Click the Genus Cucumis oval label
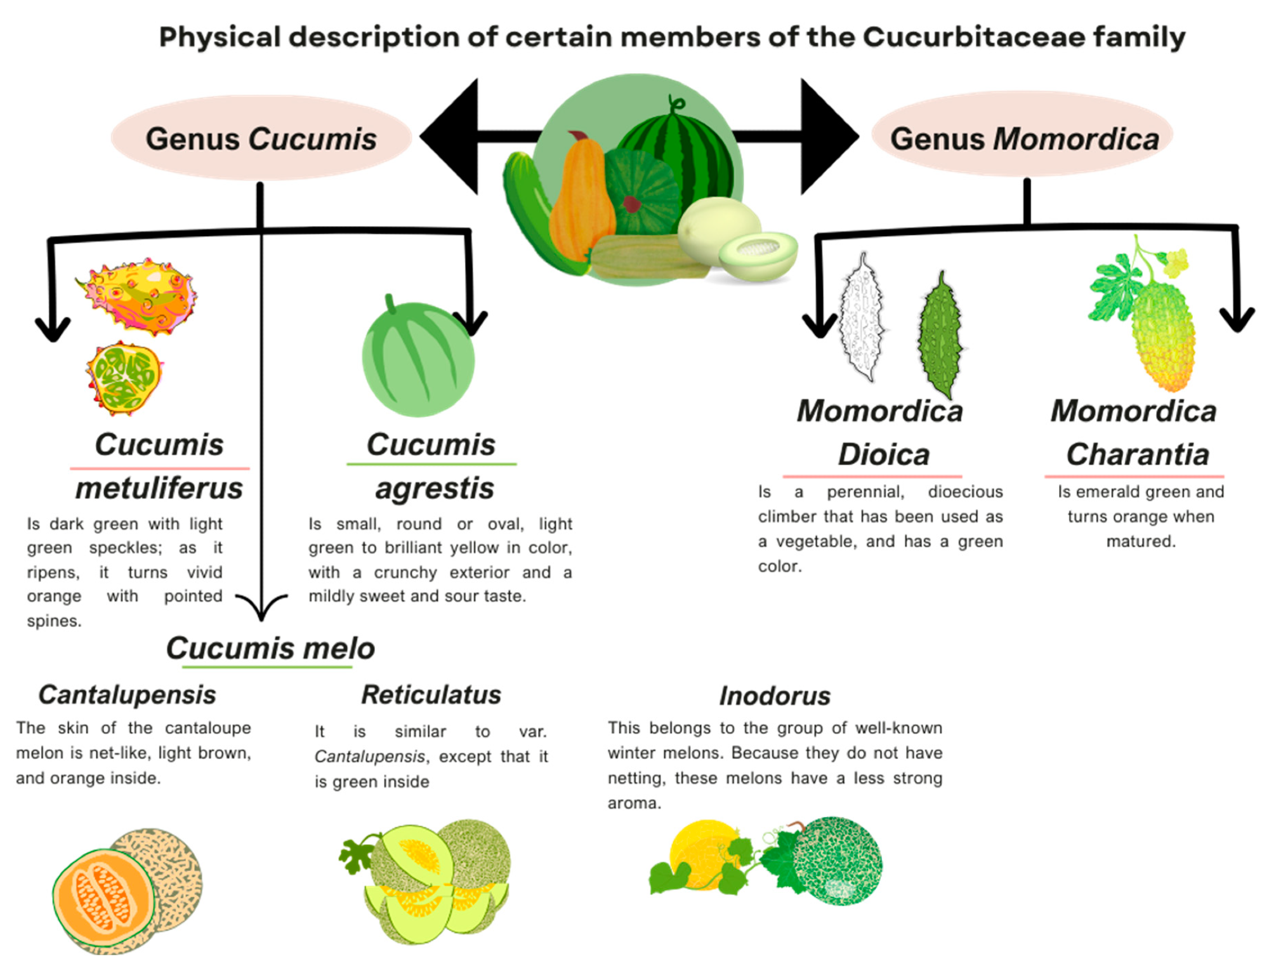pos(261,138)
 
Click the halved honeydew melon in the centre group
pos(758,254)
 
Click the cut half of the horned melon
pos(124,378)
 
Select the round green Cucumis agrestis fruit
pos(418,359)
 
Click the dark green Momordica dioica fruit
pos(940,333)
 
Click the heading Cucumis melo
pos(270,649)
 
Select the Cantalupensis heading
pos(127,695)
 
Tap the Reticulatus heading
pos(431,695)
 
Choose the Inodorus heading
pos(774,696)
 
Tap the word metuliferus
pos(159,489)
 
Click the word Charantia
pos(1137,454)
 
